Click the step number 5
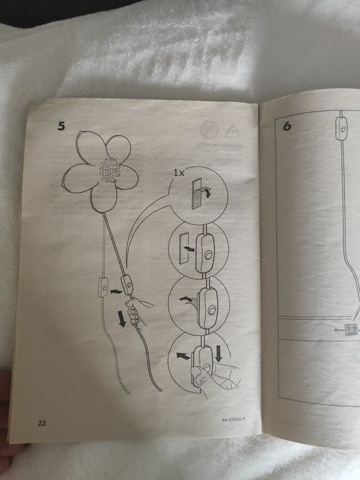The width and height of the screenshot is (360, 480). click(62, 126)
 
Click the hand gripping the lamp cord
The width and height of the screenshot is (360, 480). click(142, 309)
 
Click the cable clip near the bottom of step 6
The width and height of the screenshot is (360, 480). click(353, 330)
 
